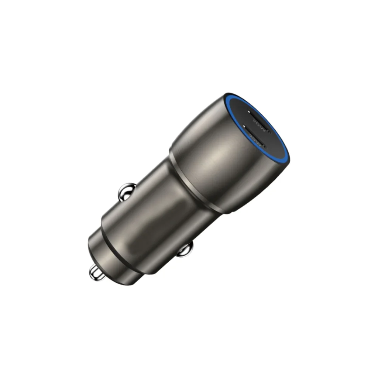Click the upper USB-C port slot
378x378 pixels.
[259, 122]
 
